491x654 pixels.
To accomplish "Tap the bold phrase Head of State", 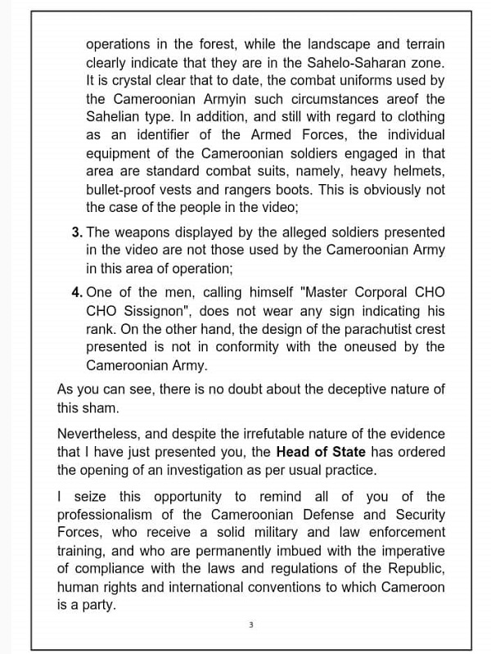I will click(320, 452).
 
